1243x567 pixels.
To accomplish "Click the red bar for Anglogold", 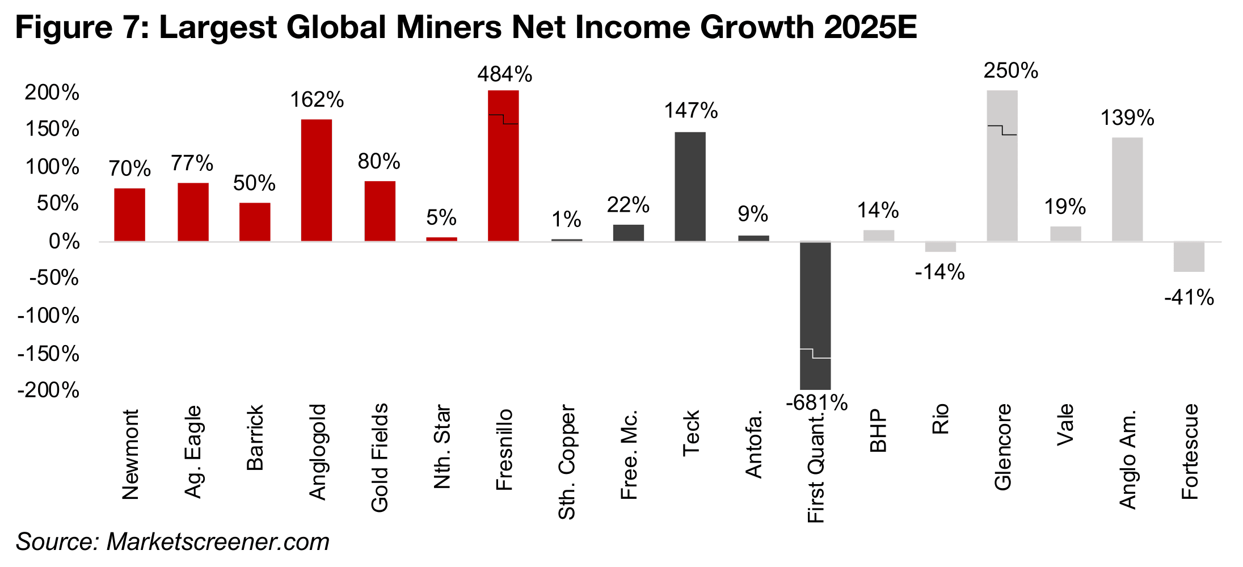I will [x=316, y=180].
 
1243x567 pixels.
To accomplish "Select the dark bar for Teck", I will [x=690, y=187].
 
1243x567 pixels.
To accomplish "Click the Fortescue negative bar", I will [x=1189, y=257].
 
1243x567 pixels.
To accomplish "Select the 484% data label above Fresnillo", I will [x=504, y=74].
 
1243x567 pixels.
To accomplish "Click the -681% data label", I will [x=816, y=402].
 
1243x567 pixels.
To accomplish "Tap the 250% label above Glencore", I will [x=1010, y=71].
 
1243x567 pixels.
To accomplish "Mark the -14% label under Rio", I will [x=939, y=272].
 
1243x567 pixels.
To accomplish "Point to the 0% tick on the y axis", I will [x=64, y=241].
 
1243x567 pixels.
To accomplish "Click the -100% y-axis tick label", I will [x=49, y=316].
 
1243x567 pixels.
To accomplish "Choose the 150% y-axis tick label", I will [x=52, y=129].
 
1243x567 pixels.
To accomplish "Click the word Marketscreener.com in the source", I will [x=218, y=542].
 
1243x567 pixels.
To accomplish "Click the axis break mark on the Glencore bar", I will [x=1002, y=130].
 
